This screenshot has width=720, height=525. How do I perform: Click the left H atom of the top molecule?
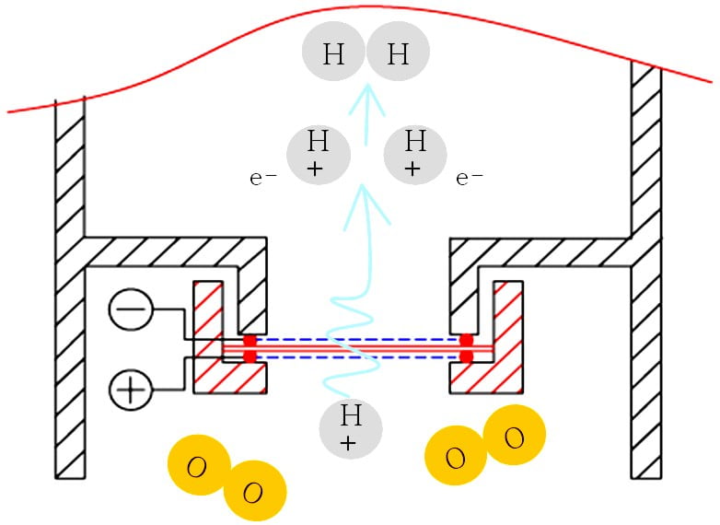[334, 54]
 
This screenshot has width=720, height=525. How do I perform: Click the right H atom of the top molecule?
[398, 54]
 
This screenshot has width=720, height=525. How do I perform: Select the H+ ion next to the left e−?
[319, 153]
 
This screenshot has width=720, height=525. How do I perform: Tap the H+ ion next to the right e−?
[415, 153]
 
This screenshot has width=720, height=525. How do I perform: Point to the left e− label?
[263, 178]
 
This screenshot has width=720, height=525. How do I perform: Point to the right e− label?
[470, 178]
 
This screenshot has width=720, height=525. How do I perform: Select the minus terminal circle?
[132, 309]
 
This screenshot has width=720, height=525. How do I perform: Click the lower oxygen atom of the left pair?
[254, 492]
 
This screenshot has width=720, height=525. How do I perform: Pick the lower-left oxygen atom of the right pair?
[455, 458]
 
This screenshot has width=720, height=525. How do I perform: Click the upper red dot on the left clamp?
[250, 341]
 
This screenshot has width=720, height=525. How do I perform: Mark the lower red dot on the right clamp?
[467, 356]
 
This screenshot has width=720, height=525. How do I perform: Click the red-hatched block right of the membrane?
[507, 336]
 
